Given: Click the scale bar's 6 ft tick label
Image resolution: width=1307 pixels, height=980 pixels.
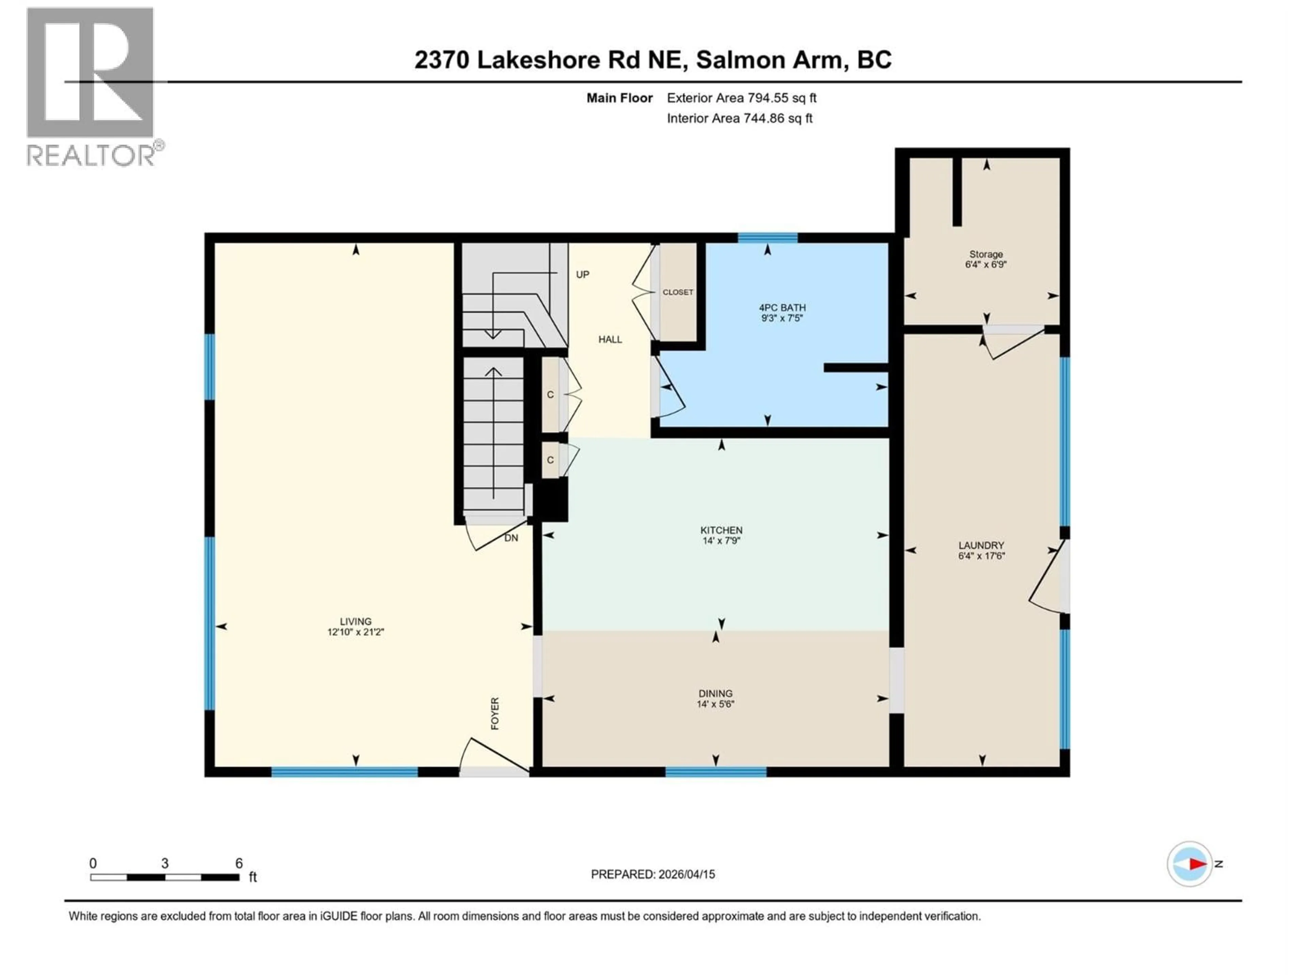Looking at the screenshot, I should [239, 863].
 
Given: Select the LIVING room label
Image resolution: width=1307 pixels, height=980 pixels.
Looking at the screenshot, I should [356, 621].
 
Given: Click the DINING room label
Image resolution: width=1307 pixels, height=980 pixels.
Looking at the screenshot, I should [715, 693].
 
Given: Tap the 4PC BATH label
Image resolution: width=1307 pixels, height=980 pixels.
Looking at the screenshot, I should [782, 308].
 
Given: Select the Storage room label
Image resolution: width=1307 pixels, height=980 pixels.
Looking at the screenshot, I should [986, 255].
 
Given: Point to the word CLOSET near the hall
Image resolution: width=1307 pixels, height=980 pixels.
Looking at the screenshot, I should [678, 292].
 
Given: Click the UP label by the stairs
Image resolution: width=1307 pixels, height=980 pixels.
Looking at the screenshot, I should [583, 275].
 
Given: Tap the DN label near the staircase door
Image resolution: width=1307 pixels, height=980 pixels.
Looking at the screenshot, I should [511, 538].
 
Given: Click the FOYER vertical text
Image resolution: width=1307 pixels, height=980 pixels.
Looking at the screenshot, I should [495, 714].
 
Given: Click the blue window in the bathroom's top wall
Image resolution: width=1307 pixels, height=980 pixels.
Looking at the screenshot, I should [768, 238].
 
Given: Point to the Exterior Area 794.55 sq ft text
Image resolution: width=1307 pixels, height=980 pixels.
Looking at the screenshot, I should [742, 98].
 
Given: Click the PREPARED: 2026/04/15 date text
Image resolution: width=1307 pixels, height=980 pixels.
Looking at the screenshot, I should [653, 874].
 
